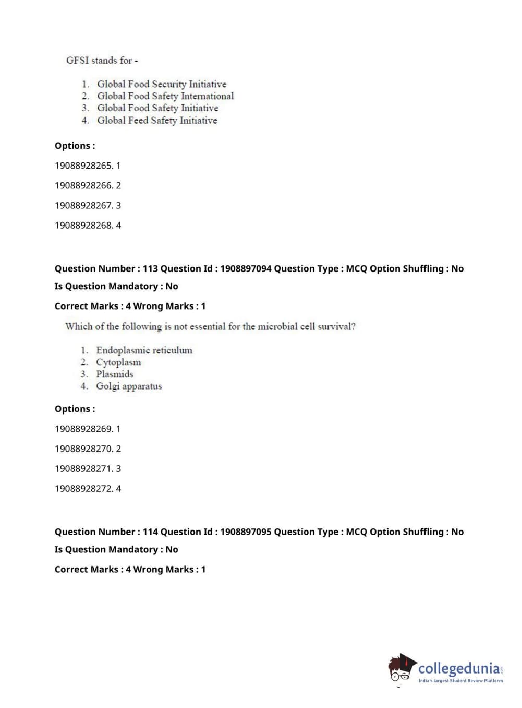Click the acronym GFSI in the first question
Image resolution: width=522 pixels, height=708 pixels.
(x=77, y=60)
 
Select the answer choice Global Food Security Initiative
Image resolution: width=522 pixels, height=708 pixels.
(x=162, y=84)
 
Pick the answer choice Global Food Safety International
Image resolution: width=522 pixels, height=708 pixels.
(x=165, y=96)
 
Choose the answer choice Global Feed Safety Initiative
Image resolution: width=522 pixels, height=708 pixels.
(x=157, y=120)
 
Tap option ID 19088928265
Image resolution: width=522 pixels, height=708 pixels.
(x=84, y=166)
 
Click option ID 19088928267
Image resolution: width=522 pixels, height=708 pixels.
(x=84, y=205)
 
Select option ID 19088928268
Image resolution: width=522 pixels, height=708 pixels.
(x=84, y=225)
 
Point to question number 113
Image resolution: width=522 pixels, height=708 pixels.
(x=150, y=268)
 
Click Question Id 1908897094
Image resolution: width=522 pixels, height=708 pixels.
(x=246, y=268)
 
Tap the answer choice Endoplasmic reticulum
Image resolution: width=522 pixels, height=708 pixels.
(x=144, y=350)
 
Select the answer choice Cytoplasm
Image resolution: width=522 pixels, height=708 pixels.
(x=118, y=362)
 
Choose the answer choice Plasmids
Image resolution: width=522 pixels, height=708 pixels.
(x=114, y=374)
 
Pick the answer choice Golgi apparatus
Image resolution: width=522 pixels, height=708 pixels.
(x=129, y=386)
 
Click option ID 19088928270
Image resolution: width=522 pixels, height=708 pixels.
(x=84, y=449)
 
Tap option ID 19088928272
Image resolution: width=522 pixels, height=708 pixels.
(x=84, y=488)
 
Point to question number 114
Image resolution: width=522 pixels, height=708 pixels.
(x=150, y=532)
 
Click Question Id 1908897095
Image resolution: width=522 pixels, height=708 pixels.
(x=246, y=532)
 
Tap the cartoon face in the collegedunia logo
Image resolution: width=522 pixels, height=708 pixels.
(x=400, y=669)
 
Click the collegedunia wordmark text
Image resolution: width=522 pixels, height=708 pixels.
(x=458, y=668)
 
